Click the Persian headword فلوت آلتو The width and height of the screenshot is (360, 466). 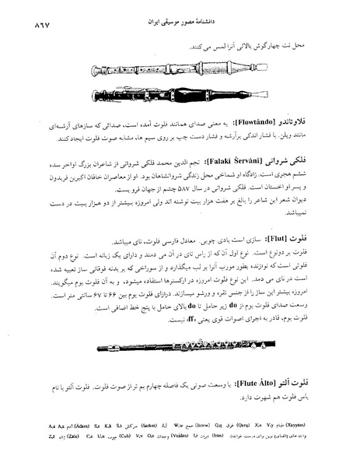point(307,383)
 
